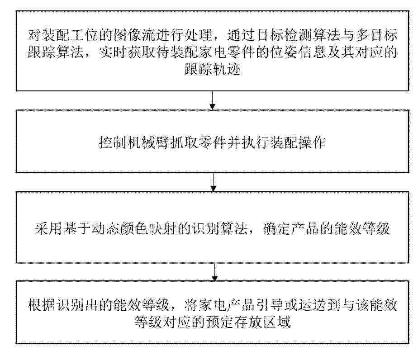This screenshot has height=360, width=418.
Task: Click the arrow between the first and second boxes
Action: (212, 100)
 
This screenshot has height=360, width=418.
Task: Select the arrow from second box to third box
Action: (213, 182)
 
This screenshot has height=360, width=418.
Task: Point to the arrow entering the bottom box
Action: (214, 272)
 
